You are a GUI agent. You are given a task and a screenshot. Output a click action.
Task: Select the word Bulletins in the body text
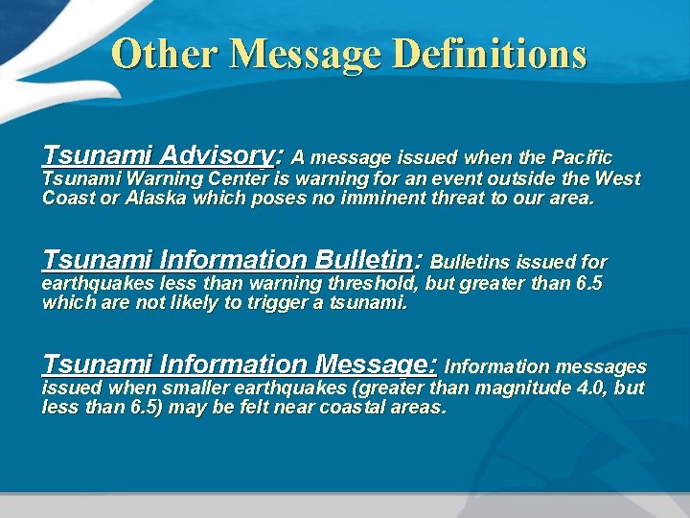pyautogui.click(x=471, y=262)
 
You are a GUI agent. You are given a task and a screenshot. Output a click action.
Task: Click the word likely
pyautogui.click(x=228, y=303)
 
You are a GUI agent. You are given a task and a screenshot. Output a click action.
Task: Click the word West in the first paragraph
pyautogui.click(x=617, y=178)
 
